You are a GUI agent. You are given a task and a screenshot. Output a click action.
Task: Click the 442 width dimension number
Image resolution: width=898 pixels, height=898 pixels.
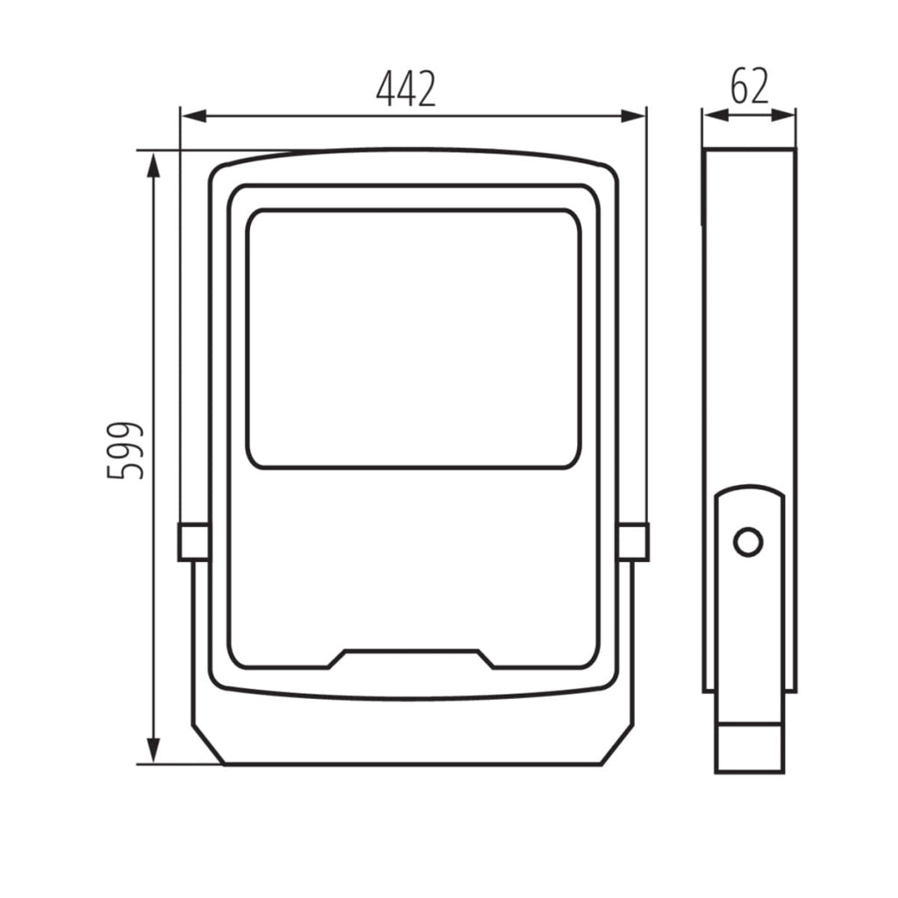[406, 89]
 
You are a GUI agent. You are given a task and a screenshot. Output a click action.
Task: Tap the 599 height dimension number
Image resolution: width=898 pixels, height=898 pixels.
[125, 450]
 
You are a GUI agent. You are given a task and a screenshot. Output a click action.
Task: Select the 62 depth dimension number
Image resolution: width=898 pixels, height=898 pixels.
[749, 86]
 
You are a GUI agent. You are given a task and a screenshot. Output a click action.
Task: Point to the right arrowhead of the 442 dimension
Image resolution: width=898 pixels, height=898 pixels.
[632, 117]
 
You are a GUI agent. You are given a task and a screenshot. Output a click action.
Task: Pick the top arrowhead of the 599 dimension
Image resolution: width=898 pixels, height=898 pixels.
[153, 166]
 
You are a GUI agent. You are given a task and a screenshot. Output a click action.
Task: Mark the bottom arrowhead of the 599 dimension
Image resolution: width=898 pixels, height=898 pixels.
[153, 750]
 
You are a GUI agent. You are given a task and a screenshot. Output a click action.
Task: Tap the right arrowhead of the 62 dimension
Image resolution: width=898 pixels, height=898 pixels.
[782, 115]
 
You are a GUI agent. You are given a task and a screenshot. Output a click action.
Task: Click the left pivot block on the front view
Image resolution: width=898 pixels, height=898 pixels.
[194, 541]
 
